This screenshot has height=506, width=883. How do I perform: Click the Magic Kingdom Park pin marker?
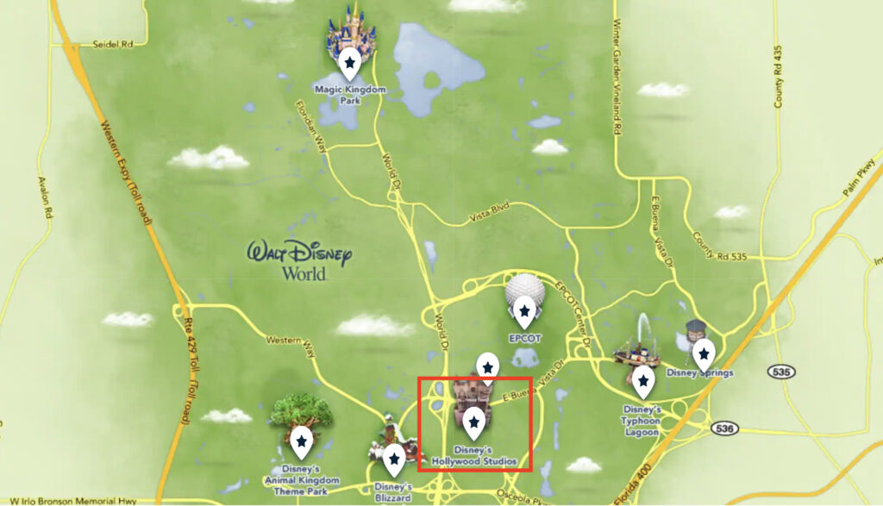pos(349,62)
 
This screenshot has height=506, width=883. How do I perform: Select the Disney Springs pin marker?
pos(704,352)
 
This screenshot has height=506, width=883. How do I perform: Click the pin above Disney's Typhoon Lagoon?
pos(642,379)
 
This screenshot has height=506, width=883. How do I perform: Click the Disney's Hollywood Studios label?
pos(473,456)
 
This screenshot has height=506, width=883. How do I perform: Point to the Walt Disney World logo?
pos(299,259)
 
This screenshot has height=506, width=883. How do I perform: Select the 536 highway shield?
pos(724,428)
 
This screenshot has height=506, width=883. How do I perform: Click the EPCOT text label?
pos(523,339)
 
